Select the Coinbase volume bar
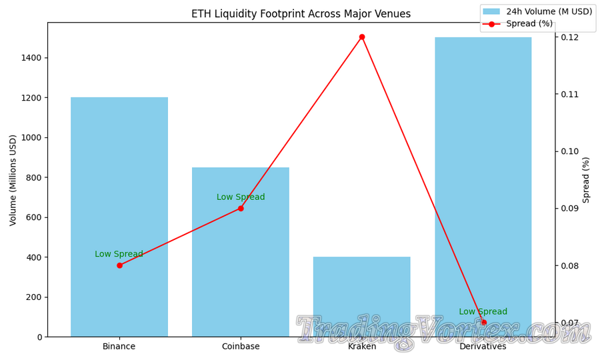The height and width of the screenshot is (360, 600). click(241, 267)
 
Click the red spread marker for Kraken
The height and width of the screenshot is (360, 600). click(362, 37)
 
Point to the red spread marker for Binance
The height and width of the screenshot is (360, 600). click(119, 265)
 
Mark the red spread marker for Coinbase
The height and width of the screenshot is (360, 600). click(241, 208)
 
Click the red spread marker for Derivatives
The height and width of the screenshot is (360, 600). click(483, 323)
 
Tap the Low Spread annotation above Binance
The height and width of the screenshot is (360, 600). click(119, 254)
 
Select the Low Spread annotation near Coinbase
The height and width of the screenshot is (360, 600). click(241, 197)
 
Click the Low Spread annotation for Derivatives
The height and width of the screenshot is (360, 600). click(483, 312)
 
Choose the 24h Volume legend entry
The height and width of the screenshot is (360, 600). click(537, 11)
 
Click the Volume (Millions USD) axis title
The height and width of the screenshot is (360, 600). click(13, 180)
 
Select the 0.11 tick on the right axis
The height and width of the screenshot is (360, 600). click(569, 94)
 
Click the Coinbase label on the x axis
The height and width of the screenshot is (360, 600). click(241, 347)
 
